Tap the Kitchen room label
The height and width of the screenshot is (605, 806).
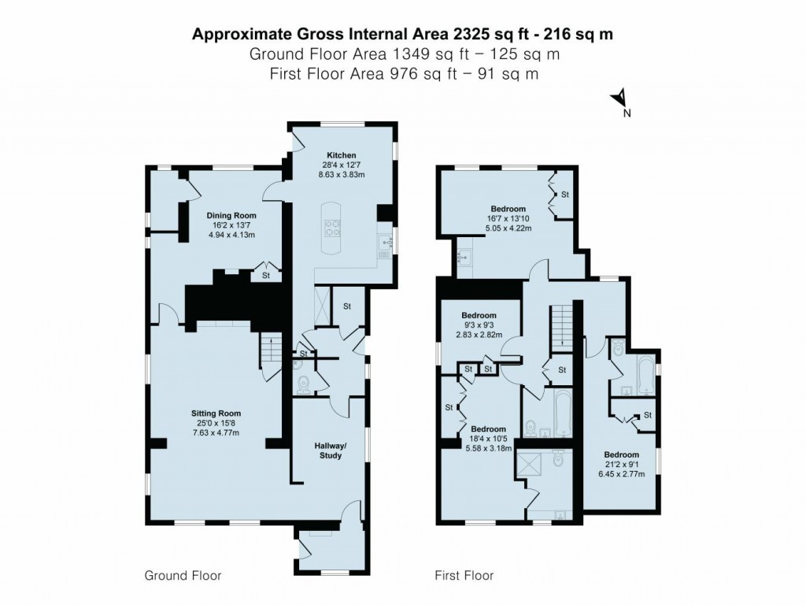[342, 155]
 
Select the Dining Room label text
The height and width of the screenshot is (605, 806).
[231, 215]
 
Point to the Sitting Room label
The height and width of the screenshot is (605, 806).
[216, 413]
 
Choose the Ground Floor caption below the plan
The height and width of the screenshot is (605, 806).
[183, 576]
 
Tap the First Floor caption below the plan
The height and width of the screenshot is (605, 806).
[464, 576]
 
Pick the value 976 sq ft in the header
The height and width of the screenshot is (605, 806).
[397, 74]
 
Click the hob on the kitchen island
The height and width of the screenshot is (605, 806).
[329, 228]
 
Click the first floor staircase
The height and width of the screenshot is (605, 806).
[562, 328]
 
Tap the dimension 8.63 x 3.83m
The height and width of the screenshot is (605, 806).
[342, 175]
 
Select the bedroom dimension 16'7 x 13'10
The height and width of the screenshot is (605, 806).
[508, 219]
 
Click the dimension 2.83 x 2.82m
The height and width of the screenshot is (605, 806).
[479, 334]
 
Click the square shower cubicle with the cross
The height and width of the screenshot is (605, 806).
[528, 465]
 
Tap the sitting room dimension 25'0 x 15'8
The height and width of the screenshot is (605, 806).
[216, 423]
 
